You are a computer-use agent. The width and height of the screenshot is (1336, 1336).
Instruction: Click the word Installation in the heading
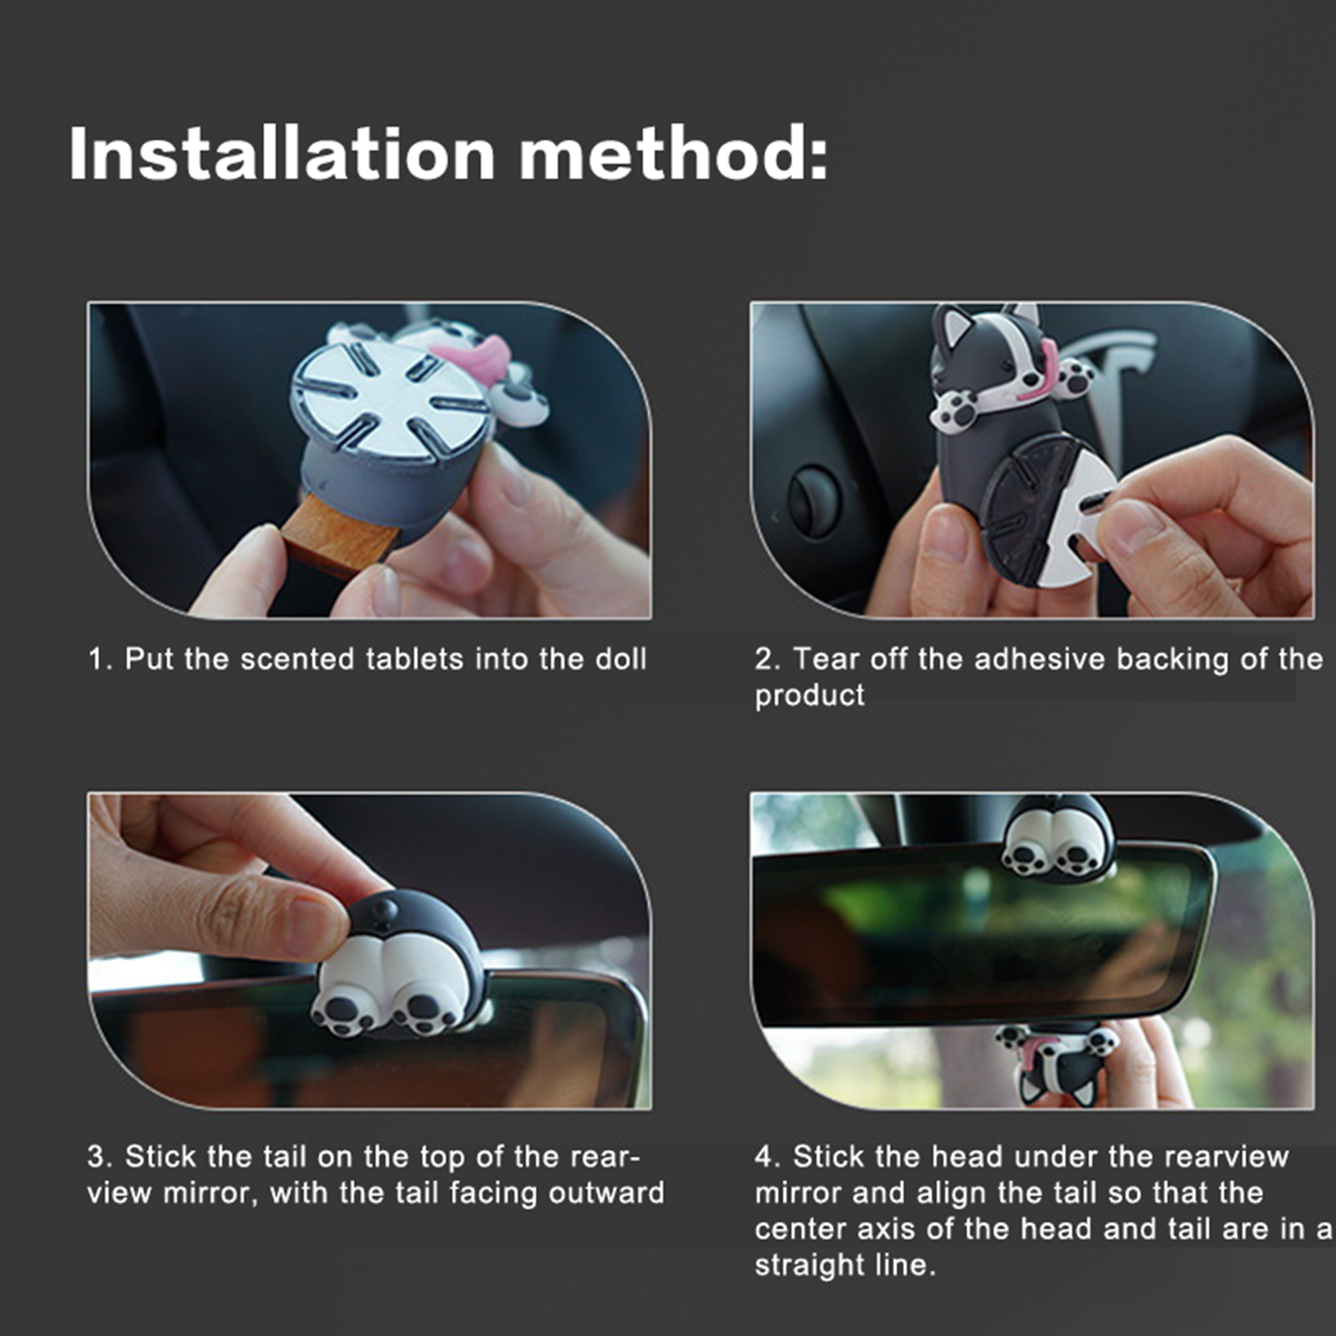pos(282,154)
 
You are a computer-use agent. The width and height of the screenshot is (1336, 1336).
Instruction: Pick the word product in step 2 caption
pos(809,696)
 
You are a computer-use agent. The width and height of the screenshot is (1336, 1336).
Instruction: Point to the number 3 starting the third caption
pos(96,1156)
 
